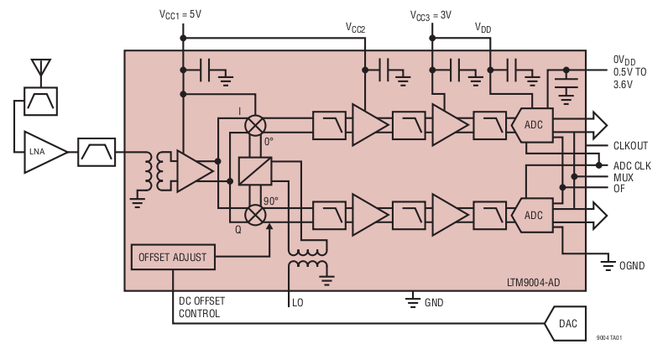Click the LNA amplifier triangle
(x=42, y=152)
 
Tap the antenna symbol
(x=39, y=68)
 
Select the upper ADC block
(x=532, y=125)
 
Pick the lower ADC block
(x=532, y=215)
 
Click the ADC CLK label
(x=632, y=165)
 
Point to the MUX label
(x=623, y=177)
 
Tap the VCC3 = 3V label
(x=431, y=15)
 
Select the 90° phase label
(x=270, y=201)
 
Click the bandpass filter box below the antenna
(x=39, y=102)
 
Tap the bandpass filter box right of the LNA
(x=96, y=152)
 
